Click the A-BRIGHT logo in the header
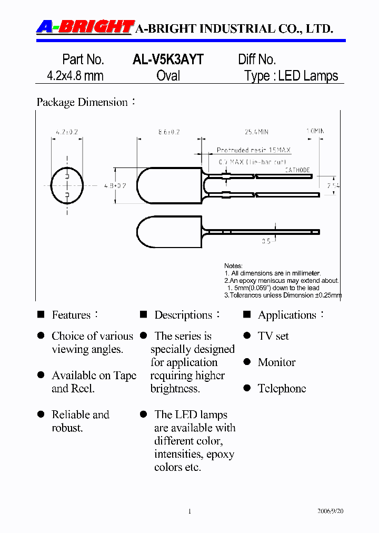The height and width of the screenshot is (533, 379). (84, 27)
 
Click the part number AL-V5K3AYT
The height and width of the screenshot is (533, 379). (167, 60)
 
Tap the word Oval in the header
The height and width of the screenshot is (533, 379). (168, 76)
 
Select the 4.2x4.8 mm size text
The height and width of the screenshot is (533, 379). (75, 76)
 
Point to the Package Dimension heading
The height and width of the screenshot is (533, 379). (82, 102)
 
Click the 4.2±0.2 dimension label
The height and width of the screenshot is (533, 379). (66, 132)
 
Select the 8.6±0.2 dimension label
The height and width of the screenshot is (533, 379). (168, 132)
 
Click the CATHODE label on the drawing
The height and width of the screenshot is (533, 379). (297, 170)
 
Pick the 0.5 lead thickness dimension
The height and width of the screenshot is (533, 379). (266, 241)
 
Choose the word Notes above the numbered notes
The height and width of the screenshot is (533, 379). (233, 266)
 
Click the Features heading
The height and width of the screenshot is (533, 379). (71, 315)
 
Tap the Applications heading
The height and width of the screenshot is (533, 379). (287, 315)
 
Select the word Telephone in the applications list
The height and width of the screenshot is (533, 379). (282, 389)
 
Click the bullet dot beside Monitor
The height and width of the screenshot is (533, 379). (247, 362)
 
